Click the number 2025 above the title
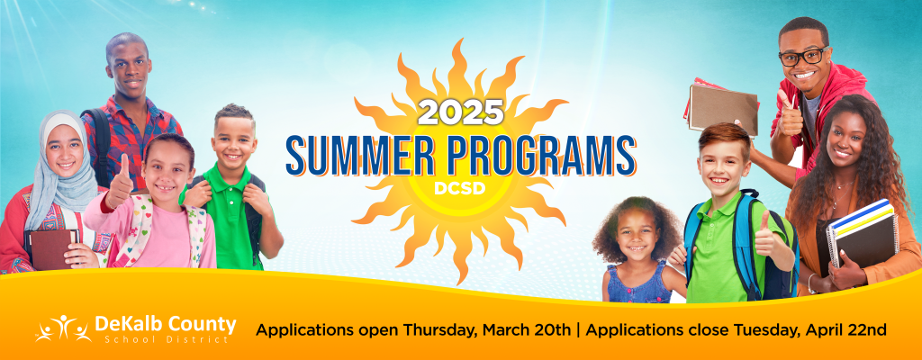coord(460,112)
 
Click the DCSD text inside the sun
coord(460,189)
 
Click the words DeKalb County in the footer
coord(166,323)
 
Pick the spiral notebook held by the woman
coord(862,233)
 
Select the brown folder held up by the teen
coord(723,108)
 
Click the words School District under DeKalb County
coord(167,339)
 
